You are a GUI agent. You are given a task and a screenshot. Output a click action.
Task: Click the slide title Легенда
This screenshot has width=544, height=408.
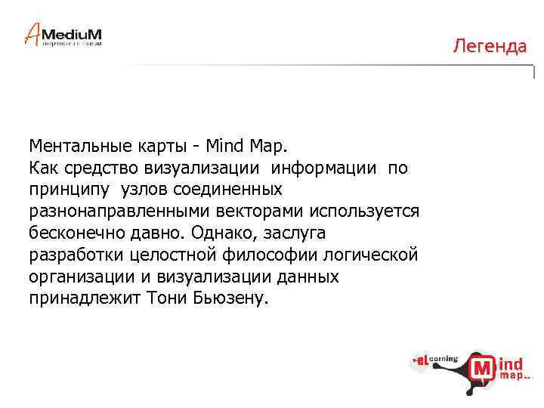tap(490, 47)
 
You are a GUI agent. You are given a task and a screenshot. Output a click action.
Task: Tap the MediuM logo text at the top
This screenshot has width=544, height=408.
tap(71, 34)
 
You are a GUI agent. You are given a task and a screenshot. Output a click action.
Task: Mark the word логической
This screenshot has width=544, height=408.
tap(370, 255)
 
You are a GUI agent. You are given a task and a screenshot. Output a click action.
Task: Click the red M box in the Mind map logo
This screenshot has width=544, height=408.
tap(483, 369)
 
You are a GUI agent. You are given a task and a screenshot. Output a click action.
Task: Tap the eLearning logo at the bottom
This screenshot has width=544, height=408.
tap(436, 360)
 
